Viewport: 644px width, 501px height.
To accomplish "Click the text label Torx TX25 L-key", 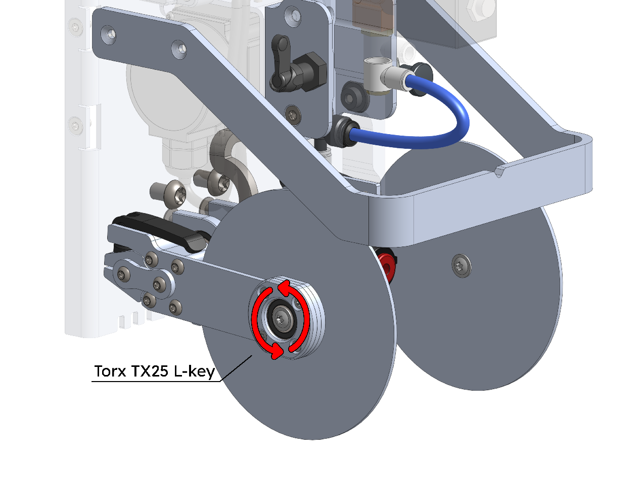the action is pos(154,371).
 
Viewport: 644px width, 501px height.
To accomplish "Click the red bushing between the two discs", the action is pos(386,266).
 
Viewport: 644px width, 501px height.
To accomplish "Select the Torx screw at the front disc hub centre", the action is pos(280,319).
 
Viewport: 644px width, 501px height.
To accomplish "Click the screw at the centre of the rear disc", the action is pos(462,266).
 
